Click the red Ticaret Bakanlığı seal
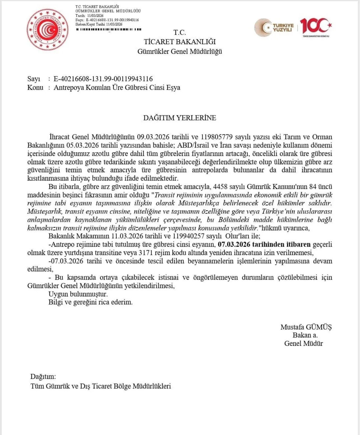coord(47,29)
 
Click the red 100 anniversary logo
coord(315,27)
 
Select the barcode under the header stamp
coord(109,29)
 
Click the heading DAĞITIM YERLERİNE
coord(179,118)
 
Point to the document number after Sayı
coord(103,79)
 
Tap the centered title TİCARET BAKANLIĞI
coord(180,42)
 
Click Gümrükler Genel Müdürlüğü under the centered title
coord(180,51)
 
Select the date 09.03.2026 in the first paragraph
coord(153,137)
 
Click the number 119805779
coord(217,137)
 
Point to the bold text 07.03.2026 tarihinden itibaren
coord(264,244)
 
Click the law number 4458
coord(220,186)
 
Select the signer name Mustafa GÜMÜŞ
coord(306,327)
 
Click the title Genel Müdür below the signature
coord(303,343)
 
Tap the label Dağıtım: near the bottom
coord(43,376)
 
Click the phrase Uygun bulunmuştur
coord(78,294)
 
